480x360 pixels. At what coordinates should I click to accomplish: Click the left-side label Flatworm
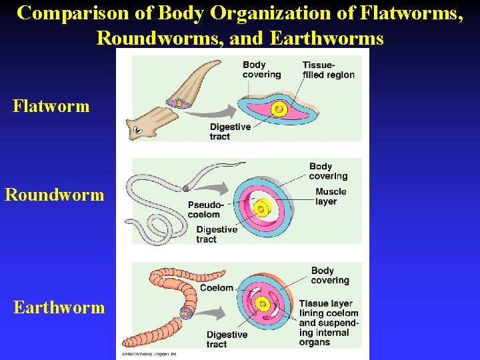tap(51, 106)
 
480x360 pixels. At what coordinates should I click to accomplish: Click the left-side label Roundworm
tap(55, 195)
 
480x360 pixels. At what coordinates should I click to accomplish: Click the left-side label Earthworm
tap(59, 307)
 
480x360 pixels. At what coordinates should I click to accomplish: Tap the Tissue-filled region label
tap(328, 70)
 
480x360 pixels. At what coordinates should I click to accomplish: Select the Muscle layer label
tap(331, 197)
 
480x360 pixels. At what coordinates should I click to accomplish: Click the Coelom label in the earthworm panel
tap(217, 288)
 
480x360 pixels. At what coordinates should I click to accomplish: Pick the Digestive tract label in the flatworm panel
tap(230, 131)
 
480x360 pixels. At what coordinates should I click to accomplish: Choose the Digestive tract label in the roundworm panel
tap(217, 234)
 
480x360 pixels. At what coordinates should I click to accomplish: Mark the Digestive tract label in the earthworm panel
tap(227, 339)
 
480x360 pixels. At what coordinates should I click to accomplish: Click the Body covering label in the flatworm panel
tap(261, 69)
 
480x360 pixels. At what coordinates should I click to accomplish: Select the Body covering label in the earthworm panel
tap(330, 275)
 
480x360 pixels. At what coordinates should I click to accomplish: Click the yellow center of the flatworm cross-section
tap(279, 109)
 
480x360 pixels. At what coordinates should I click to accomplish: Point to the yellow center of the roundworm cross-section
tap(261, 208)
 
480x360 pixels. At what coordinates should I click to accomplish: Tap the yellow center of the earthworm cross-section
tap(263, 305)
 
